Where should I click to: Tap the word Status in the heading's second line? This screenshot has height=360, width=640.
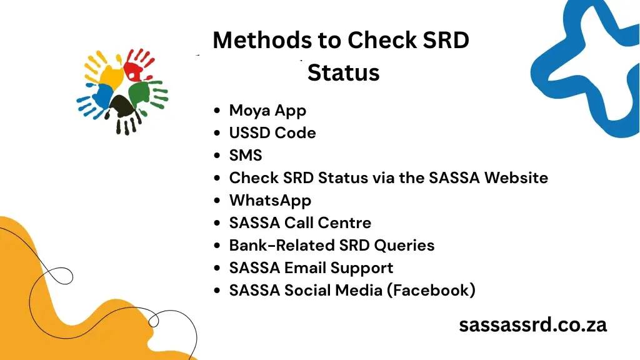tap(343, 73)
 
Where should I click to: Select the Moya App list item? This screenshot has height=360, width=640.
tap(267, 111)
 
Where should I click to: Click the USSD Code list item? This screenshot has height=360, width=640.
tap(272, 133)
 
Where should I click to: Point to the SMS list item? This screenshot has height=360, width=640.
tap(246, 156)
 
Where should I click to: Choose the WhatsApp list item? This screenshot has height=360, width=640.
tap(270, 201)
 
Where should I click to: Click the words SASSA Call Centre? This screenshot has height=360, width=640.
tap(300, 223)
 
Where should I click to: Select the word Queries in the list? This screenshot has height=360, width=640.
tap(404, 246)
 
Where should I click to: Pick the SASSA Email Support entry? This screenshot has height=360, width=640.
tap(311, 268)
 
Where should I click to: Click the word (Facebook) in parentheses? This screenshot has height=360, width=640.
tap(431, 291)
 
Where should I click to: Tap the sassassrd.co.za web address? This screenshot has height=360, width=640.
tap(532, 325)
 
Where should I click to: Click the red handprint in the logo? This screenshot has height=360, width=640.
tap(138, 65)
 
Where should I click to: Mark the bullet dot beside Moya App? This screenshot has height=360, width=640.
tap(216, 111)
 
